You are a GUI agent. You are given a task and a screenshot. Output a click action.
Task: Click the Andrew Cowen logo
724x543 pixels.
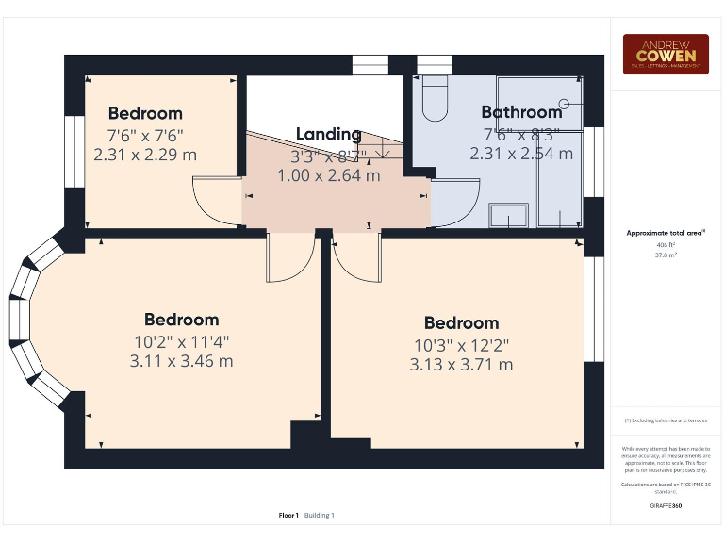point(666,54)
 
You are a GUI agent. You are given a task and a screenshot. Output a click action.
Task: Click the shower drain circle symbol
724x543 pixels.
point(565,103)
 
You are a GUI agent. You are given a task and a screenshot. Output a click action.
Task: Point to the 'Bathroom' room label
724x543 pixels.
point(521,112)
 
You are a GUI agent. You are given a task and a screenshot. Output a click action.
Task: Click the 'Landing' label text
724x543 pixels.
point(328,134)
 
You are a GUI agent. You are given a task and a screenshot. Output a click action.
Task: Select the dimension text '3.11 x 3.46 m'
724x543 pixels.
point(182,360)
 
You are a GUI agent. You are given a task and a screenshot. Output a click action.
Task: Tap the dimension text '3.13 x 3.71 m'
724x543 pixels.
point(461,364)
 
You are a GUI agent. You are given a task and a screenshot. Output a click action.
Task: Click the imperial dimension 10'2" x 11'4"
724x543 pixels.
point(182,341)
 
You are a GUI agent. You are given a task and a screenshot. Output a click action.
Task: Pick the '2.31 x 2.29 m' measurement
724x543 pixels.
point(145,155)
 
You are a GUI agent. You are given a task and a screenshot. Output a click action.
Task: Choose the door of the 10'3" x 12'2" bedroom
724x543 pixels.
point(356,258)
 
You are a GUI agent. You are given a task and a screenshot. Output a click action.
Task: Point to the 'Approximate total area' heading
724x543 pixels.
point(666,232)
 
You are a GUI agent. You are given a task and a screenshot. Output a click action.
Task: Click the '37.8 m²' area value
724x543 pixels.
point(666,253)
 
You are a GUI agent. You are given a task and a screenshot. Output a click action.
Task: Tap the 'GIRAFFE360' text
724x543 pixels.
point(666,506)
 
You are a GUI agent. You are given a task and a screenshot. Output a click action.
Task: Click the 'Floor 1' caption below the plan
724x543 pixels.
point(288,515)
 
